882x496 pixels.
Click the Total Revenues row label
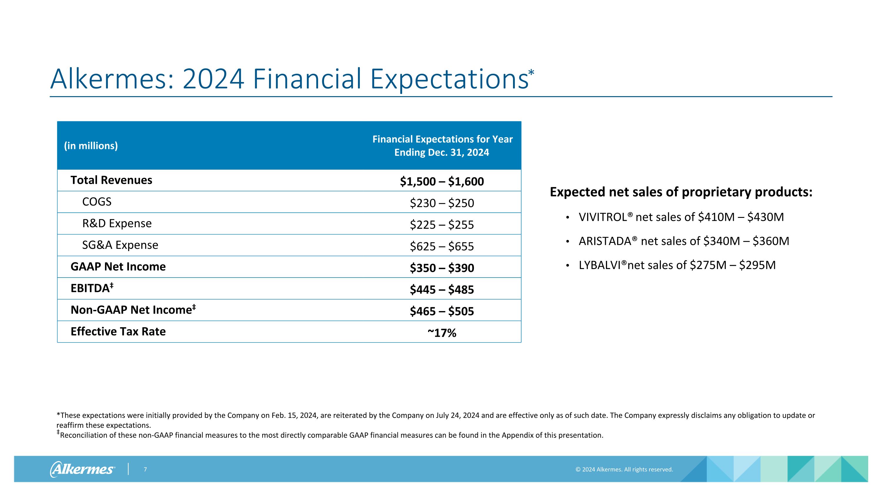click(111, 180)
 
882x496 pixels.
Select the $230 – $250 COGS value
click(442, 203)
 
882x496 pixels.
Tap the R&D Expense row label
click(117, 223)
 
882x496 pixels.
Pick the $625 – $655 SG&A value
click(442, 246)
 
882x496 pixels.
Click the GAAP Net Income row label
click(118, 266)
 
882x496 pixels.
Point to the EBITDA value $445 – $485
click(442, 290)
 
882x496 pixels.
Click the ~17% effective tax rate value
click(442, 333)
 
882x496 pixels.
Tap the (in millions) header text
click(91, 146)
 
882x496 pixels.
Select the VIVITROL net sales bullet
click(681, 217)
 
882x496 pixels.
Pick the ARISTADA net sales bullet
click(684, 241)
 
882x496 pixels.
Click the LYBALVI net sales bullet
click(677, 265)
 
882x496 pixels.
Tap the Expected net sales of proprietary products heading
click(681, 192)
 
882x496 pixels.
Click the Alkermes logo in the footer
click(83, 469)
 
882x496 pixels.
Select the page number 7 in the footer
click(145, 469)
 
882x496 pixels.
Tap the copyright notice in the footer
click(624, 469)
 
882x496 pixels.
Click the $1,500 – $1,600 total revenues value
click(442, 181)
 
